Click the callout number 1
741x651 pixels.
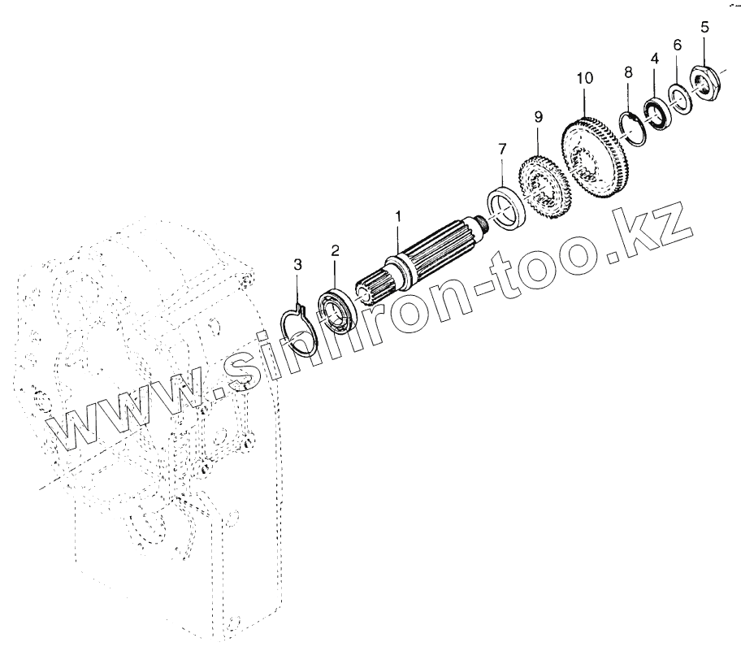398,218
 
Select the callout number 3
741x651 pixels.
297,265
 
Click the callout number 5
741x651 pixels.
704,27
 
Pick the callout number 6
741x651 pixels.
678,46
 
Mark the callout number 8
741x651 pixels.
628,73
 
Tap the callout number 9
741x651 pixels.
538,117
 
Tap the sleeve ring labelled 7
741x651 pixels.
508,206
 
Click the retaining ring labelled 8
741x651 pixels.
633,127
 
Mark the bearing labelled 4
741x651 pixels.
656,112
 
